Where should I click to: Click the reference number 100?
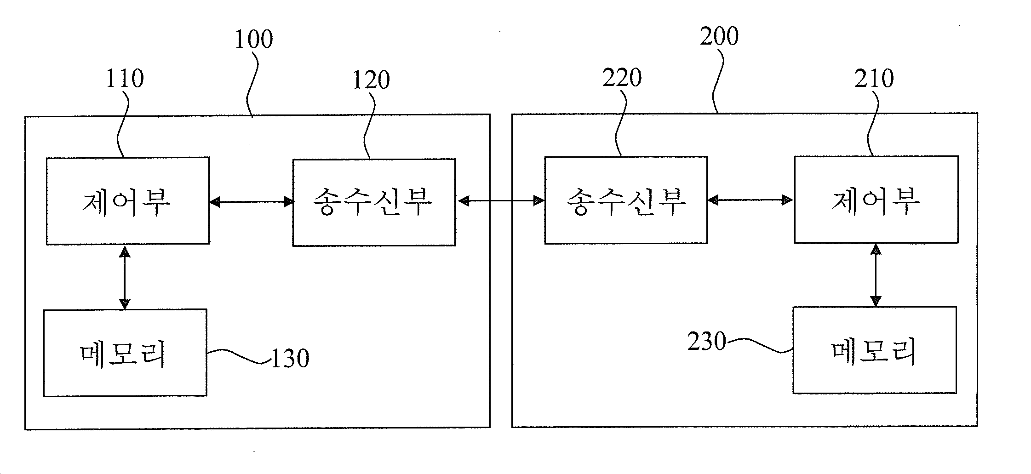[x=254, y=40]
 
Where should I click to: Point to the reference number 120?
[x=371, y=80]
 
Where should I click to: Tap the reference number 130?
[x=290, y=359]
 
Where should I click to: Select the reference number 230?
[x=707, y=342]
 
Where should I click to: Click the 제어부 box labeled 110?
[x=128, y=201]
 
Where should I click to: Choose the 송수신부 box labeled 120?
[x=374, y=202]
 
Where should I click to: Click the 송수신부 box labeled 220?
[x=626, y=200]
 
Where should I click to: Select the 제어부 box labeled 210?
[x=876, y=200]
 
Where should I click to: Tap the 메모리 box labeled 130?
[x=125, y=353]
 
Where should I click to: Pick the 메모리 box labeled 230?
[x=875, y=350]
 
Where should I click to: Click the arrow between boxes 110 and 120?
[x=251, y=201]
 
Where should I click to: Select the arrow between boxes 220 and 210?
[x=750, y=200]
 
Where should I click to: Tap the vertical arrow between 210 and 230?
[x=876, y=275]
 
